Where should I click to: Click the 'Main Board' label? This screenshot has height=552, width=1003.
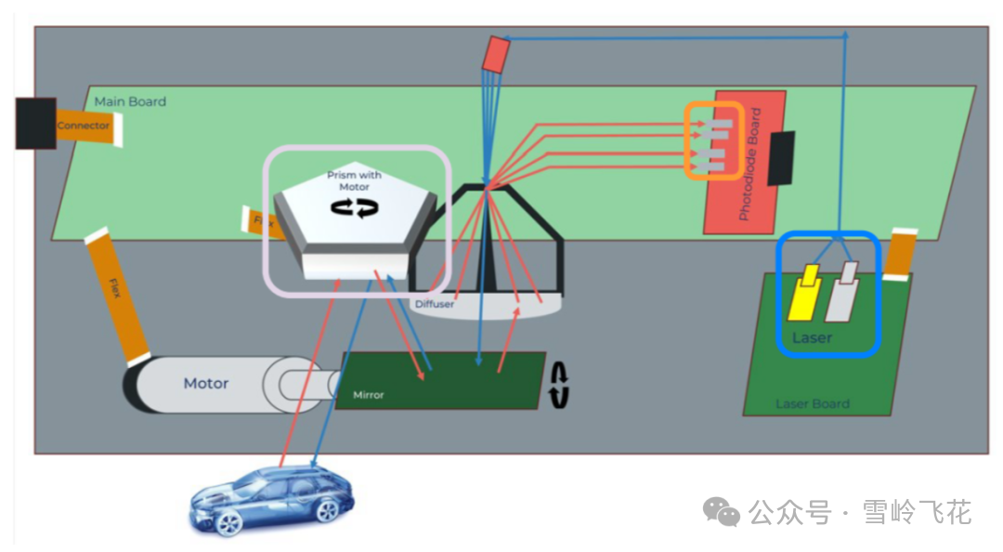tap(130, 101)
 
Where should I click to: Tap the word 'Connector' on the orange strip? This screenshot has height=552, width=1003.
tap(83, 125)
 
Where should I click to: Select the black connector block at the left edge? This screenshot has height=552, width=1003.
tap(35, 123)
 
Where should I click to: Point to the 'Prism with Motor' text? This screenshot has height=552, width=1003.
tap(354, 180)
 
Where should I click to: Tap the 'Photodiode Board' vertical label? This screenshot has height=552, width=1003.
tap(755, 164)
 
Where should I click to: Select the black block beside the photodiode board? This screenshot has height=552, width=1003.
tap(781, 157)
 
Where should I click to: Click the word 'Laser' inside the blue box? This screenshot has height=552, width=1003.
tap(812, 337)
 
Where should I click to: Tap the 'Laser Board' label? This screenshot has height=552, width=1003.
tap(812, 403)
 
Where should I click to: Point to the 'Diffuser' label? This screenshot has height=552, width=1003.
tap(434, 304)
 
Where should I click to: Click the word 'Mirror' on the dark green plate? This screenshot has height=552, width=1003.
tap(368, 395)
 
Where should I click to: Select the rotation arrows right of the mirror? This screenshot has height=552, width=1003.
tap(559, 385)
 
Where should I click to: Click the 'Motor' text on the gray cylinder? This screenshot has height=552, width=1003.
tap(205, 383)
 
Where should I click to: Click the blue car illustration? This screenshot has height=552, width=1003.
tap(271, 498)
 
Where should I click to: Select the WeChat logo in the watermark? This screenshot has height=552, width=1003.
tap(721, 510)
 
